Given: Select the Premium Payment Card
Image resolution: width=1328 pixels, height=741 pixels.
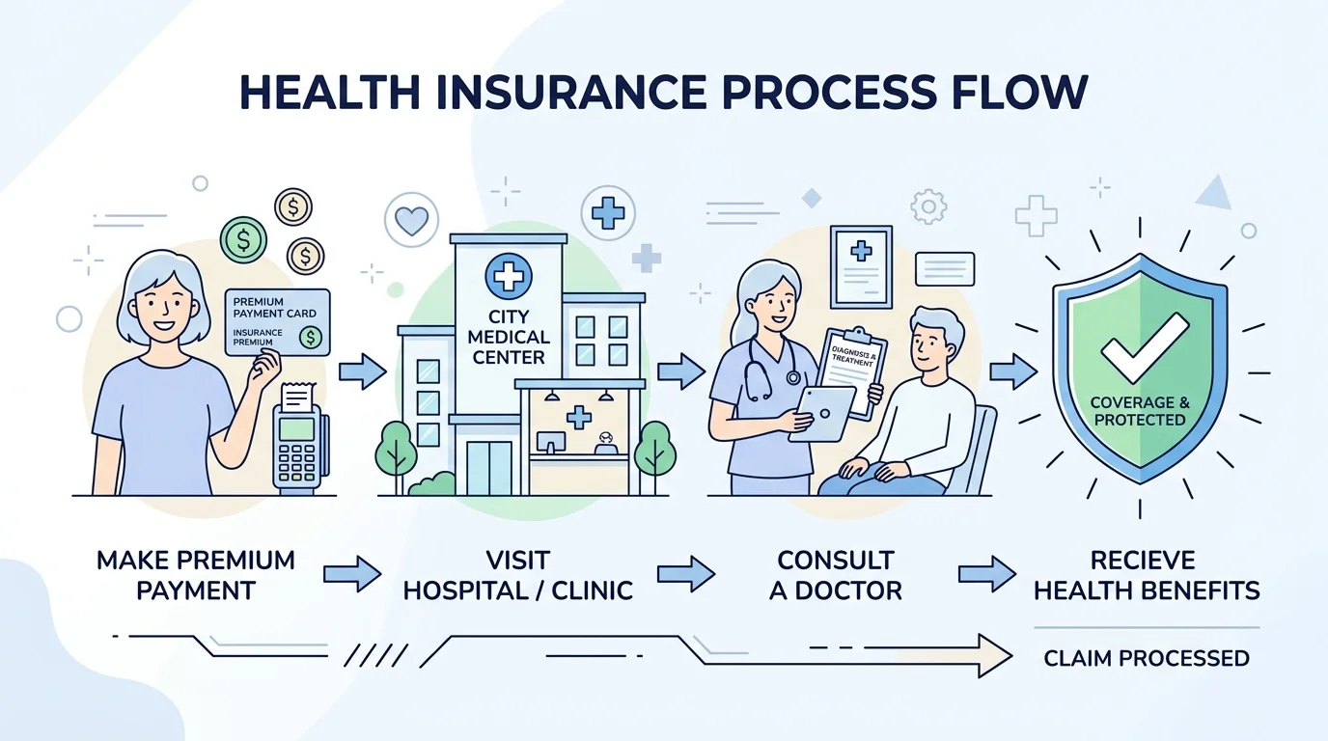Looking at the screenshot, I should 278,321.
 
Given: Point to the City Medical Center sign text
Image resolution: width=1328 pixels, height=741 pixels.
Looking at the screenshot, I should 519,338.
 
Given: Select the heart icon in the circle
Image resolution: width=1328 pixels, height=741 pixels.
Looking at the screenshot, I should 411,221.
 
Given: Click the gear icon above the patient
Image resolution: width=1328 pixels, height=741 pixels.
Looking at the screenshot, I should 928,206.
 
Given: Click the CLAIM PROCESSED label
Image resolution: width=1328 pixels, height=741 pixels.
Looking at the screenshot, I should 1147,659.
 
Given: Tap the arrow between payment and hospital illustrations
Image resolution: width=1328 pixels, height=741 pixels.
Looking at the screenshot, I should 362,371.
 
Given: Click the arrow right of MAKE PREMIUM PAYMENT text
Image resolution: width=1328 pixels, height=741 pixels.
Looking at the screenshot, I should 352,575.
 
